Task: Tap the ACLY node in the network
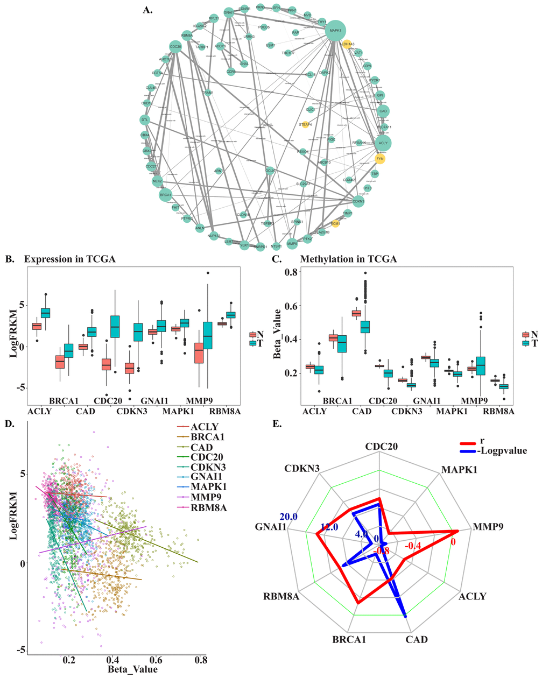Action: coord(383,143)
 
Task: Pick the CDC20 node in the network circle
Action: coord(175,47)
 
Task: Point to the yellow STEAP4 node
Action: coord(305,125)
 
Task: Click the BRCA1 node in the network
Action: coord(165,194)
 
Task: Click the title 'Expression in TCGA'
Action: coord(69,259)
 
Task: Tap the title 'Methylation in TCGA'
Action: coord(348,259)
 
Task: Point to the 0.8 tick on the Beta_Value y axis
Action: coord(292,272)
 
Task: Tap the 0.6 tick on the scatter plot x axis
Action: coord(156,659)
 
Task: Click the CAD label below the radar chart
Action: coord(417,639)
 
